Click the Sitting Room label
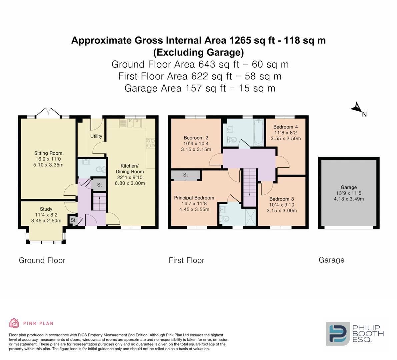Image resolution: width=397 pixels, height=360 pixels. coord(48,153)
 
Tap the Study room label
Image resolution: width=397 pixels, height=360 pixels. coord(46,209)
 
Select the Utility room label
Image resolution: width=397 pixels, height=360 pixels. coord(96,136)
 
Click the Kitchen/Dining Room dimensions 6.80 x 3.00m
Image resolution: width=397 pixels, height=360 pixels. coord(130,183)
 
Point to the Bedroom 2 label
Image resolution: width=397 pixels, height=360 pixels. coord(196,138)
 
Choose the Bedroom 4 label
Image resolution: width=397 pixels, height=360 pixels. coord(285,127)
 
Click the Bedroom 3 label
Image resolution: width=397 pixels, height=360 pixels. coord(282,199)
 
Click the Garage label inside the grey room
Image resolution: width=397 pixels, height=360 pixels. coord(349,187)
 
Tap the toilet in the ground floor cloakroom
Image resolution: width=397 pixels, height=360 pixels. coord(100,169)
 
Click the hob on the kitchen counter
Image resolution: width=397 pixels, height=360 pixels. coord(150,143)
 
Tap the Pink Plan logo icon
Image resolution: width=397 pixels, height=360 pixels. coord(14,323)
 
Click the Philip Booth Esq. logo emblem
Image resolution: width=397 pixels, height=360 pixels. coord(337,334)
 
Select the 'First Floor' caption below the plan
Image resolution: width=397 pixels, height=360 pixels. coord(186,260)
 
